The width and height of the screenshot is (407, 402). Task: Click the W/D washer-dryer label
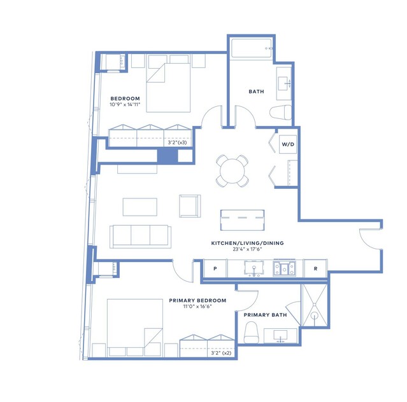[x=288, y=144]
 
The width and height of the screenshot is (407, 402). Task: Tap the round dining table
[x=232, y=171]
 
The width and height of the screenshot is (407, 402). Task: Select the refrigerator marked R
[x=315, y=268]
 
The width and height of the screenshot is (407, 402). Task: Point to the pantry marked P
[x=215, y=268]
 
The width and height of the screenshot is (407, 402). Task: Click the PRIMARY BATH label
[x=265, y=315]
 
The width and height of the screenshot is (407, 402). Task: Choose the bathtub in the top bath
[x=251, y=48]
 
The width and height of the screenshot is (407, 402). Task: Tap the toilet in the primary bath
[x=251, y=332]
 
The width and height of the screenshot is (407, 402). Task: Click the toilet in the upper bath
[x=281, y=113]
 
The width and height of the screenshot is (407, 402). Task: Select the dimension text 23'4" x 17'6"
[x=247, y=249]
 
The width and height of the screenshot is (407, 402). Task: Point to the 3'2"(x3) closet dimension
[x=177, y=142]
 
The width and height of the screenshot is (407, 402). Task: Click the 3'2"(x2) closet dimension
[x=221, y=353]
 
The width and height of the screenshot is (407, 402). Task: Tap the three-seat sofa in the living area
[x=140, y=237]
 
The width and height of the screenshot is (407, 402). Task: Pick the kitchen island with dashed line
[x=243, y=220]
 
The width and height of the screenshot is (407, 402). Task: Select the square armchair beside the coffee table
[x=190, y=206]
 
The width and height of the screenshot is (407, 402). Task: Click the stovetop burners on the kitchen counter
[x=284, y=268]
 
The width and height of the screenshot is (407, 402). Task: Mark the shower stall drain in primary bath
[x=315, y=316]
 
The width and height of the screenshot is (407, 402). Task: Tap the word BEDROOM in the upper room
[x=125, y=99]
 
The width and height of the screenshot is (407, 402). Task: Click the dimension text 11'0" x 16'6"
[x=197, y=307]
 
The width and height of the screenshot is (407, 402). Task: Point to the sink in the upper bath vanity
[x=283, y=83]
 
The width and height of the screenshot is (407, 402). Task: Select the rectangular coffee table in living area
[x=140, y=207]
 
